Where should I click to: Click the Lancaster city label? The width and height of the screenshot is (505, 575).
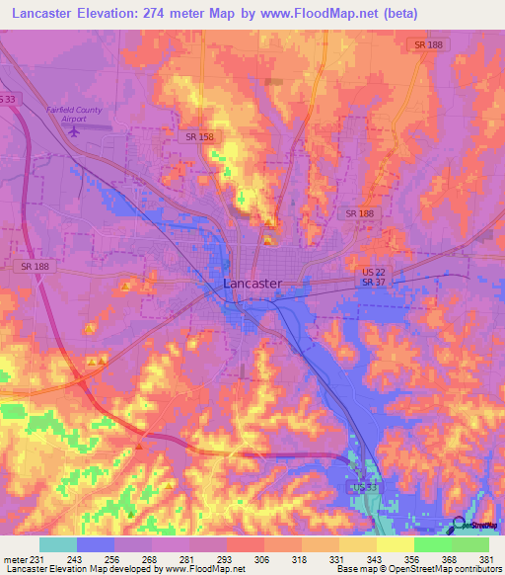[252, 284]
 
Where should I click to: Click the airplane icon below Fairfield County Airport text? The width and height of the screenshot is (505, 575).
[74, 130]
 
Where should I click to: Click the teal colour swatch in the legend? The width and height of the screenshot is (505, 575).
[58, 544]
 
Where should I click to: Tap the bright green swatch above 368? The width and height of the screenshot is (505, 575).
[432, 544]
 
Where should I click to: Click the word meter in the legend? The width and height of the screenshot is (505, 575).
[15, 559]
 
